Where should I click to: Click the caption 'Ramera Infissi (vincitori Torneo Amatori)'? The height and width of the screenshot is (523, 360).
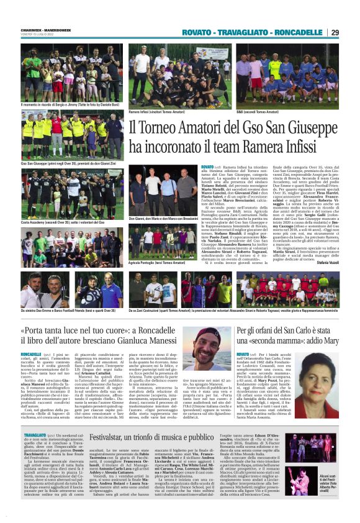click(159, 112)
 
